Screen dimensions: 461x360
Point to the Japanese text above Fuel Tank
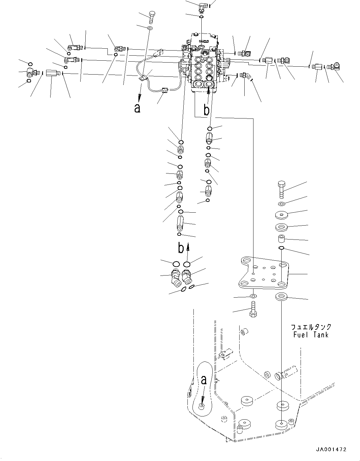point(311,327)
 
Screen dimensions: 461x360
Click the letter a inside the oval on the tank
point(204,380)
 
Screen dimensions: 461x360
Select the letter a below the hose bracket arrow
point(137,108)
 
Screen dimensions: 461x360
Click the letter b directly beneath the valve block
point(206,110)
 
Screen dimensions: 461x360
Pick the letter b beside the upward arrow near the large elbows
point(180,248)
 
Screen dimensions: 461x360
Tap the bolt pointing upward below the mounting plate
point(253,310)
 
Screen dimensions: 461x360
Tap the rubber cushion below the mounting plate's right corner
point(281,297)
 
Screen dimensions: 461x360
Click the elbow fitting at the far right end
point(335,66)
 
